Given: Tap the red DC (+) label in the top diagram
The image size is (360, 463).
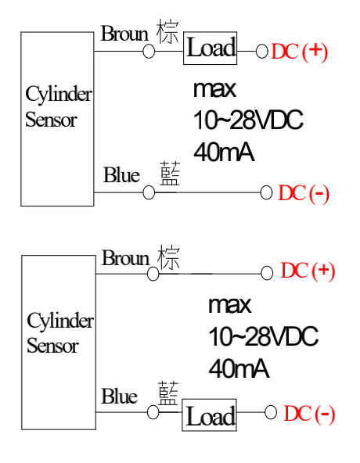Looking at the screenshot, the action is click(299, 52).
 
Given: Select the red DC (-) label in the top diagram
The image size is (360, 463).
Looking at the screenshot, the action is click(303, 194).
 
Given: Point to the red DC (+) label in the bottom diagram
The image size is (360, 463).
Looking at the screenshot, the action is click(308, 271).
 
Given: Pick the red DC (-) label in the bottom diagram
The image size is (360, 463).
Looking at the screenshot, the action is click(309, 414).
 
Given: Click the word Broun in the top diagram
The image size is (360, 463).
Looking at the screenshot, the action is click(124, 34).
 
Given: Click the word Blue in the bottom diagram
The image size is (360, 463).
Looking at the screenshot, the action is click(120, 396).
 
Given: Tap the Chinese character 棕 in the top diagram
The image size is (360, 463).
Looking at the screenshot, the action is click(167, 31).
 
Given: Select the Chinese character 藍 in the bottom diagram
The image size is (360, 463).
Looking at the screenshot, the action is click(168, 393).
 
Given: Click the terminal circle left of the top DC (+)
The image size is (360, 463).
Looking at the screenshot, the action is click(262, 52).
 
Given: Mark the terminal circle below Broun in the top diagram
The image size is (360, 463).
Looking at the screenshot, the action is click(149, 52).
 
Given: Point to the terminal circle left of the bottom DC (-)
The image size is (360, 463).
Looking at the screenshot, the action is click(271, 412).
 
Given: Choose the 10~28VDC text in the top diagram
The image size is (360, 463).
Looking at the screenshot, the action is click(248, 120).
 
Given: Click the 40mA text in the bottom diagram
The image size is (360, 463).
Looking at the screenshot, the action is click(239, 369).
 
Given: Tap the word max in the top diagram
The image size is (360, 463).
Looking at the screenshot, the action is click(215, 89).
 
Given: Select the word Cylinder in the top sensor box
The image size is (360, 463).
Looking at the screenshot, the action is click(59, 95).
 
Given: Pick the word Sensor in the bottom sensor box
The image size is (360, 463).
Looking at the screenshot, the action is click(52, 346).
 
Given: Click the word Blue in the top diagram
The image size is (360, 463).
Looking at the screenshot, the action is click(121, 175).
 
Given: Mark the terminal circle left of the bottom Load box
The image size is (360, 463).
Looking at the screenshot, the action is click(153, 412).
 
